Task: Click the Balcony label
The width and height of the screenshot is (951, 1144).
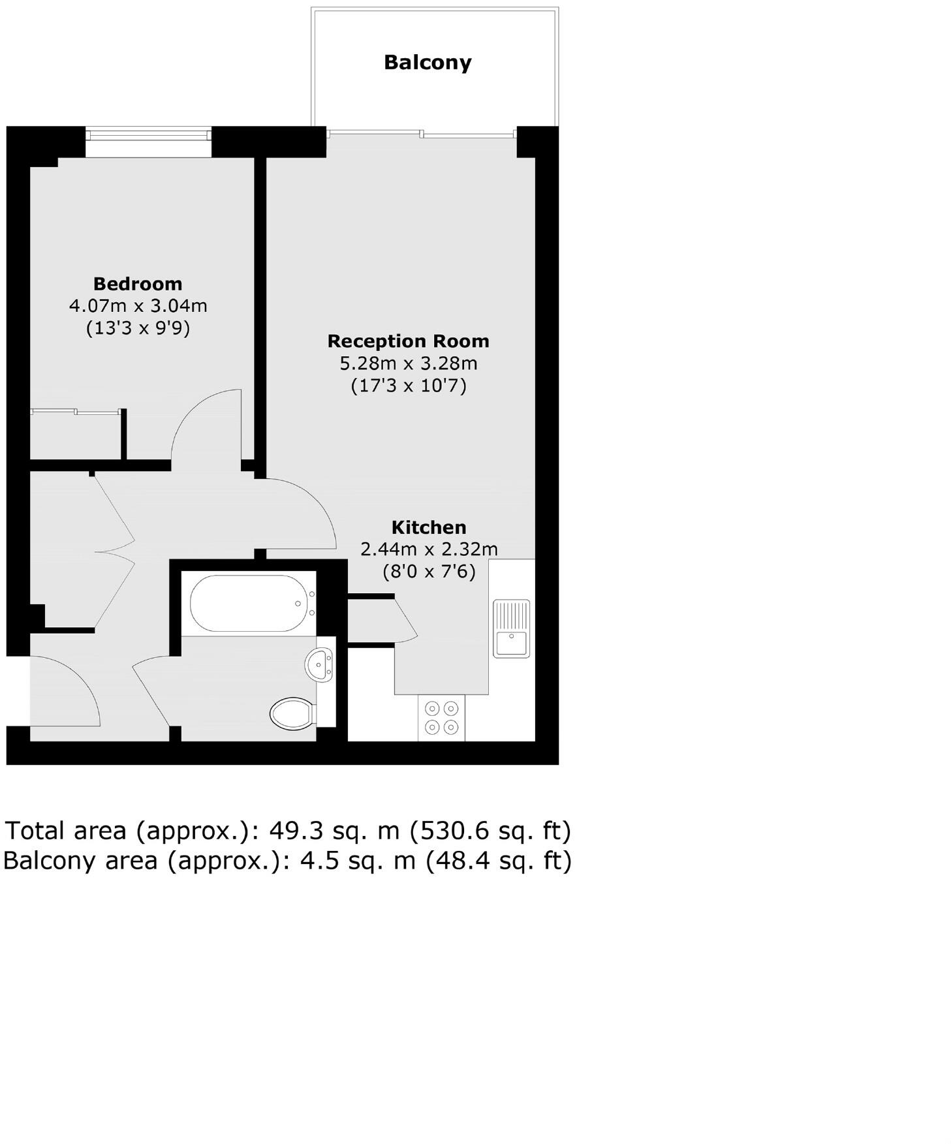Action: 427,63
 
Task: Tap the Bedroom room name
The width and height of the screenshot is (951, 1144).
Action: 138,284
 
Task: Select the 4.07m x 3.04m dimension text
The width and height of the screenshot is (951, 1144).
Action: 138,305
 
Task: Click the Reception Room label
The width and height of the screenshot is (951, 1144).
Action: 408,341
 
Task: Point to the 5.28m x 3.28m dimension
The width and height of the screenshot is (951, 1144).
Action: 408,363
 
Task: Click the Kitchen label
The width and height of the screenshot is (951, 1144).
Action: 429,527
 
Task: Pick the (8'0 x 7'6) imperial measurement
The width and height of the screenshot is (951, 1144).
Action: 429,572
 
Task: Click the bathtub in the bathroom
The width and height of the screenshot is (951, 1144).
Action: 248,603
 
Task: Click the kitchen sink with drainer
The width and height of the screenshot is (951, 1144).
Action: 511,628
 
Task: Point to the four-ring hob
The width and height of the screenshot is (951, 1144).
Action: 441,717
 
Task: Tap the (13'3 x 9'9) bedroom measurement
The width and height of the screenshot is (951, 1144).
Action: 138,328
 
